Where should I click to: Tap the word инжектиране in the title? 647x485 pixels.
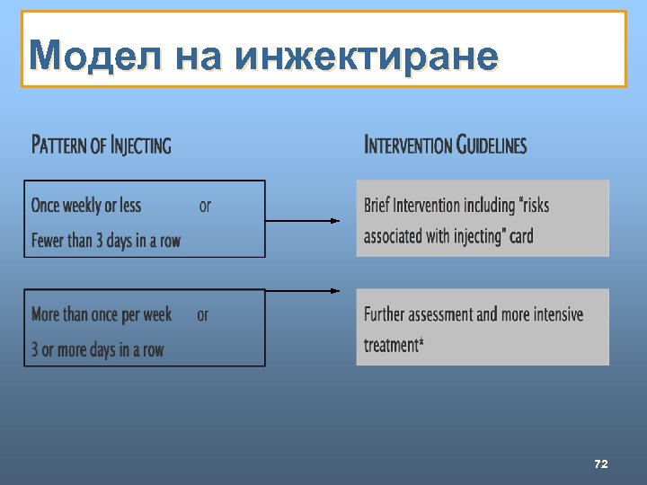point(366,57)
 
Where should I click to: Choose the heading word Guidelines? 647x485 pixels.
point(492,145)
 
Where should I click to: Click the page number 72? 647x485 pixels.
point(601,463)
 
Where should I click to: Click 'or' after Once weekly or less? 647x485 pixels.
point(205,206)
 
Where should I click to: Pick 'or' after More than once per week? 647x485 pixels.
point(203,314)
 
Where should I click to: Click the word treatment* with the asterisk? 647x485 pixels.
point(393,345)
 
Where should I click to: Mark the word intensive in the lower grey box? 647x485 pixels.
point(552,314)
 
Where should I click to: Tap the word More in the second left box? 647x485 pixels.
point(47,314)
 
